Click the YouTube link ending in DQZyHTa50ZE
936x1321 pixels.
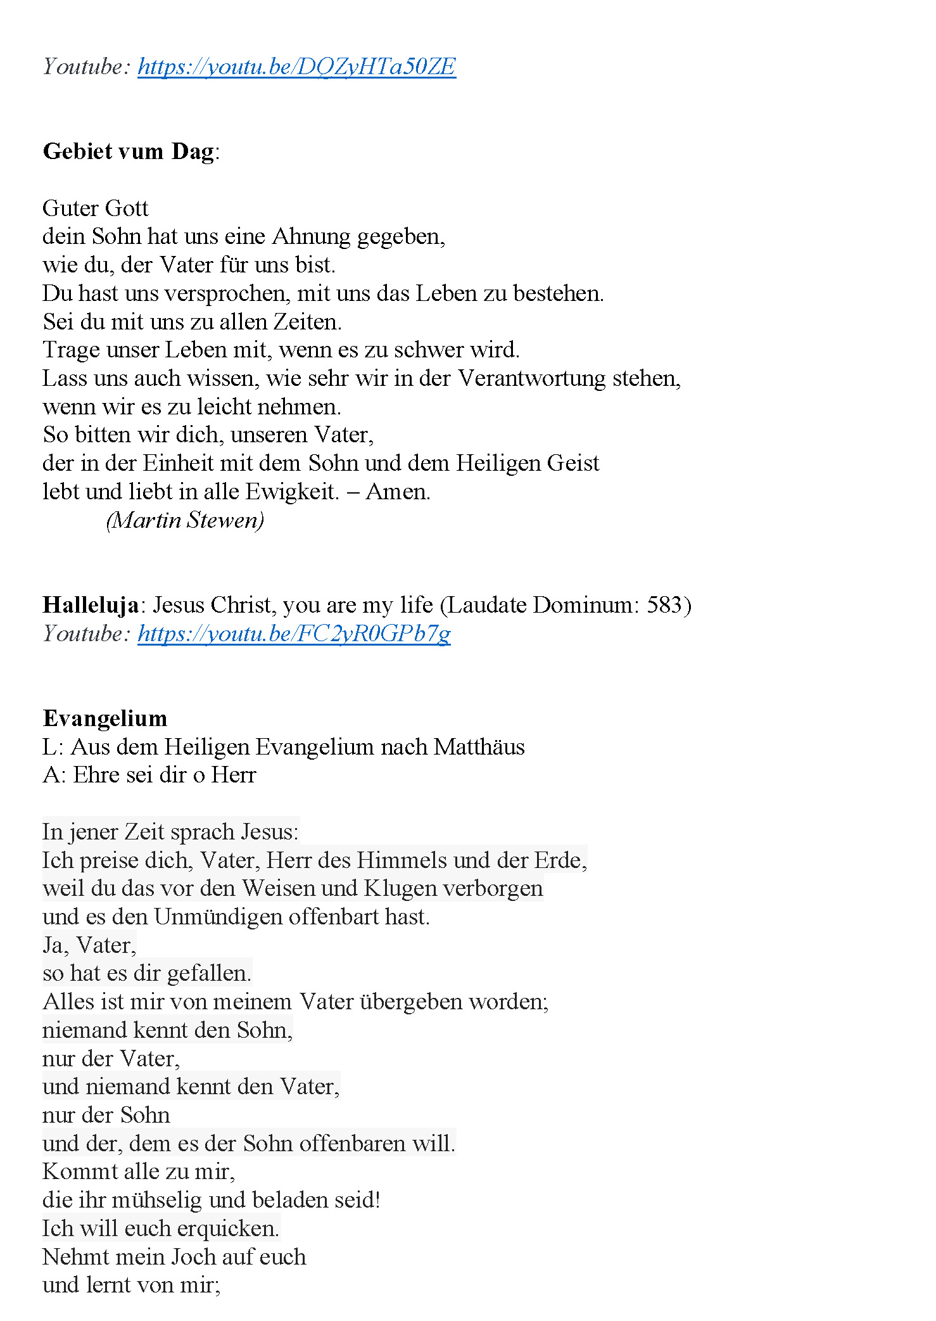(296, 67)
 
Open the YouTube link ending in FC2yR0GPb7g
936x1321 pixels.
(294, 634)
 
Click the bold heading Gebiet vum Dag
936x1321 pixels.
(129, 152)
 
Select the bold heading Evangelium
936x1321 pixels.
(105, 718)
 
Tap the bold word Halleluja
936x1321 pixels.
(91, 605)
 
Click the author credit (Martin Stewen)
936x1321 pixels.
(185, 520)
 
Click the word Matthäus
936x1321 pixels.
(479, 747)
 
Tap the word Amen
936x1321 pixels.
(397, 492)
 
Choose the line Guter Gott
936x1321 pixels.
(96, 208)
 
